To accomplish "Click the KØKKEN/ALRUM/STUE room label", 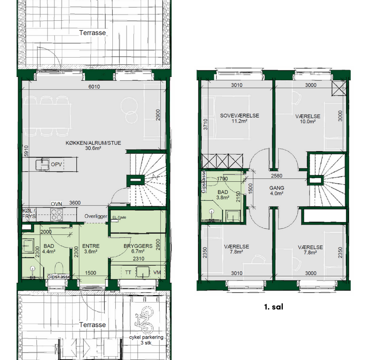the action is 93,146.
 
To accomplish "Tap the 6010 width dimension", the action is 94,87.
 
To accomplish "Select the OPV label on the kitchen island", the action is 56,164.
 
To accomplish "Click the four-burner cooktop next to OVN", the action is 57,214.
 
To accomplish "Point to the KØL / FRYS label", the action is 29,214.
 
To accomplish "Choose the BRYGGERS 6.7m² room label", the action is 138,248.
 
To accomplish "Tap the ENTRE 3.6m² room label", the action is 91,248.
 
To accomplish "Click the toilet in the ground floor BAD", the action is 59,269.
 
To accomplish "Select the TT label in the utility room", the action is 128,273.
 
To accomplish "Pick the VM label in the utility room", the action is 157,273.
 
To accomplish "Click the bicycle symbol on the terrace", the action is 144,320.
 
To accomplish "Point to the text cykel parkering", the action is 146,337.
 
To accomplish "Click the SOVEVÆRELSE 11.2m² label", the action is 239,118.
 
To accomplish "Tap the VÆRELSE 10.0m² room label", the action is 308,119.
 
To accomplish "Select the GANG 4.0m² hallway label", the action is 277,190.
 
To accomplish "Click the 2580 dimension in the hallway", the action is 276,176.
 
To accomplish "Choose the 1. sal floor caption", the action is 273,307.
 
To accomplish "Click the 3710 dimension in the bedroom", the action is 205,124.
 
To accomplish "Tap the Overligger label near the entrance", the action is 96,216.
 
